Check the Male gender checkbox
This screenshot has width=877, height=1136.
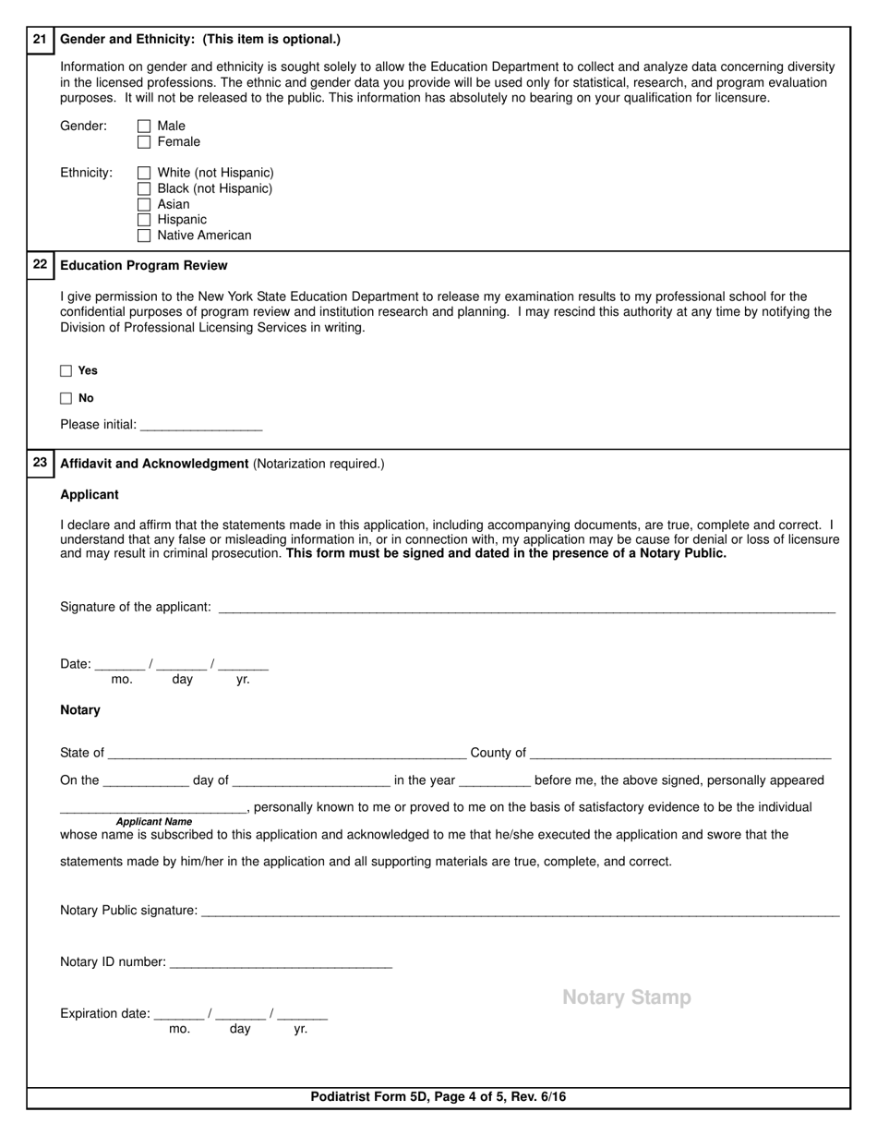pyautogui.click(x=143, y=127)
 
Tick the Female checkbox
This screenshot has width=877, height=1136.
pyautogui.click(x=143, y=142)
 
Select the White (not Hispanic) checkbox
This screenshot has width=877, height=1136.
pyautogui.click(x=143, y=173)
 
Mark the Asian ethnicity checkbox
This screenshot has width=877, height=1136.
pyautogui.click(x=143, y=204)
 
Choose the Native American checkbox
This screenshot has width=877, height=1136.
pyautogui.click(x=143, y=236)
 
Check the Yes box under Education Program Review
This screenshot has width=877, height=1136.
pyautogui.click(x=66, y=371)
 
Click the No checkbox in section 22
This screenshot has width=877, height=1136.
pyautogui.click(x=66, y=399)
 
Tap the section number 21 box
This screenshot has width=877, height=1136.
pyautogui.click(x=40, y=40)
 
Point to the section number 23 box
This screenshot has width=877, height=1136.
pyautogui.click(x=40, y=463)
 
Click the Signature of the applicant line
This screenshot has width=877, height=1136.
pyautogui.click(x=526, y=607)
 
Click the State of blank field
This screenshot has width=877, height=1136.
pyautogui.click(x=286, y=752)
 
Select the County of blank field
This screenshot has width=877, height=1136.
pyautogui.click(x=680, y=752)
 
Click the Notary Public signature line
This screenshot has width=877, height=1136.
pyautogui.click(x=519, y=911)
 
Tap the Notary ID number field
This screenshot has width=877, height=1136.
pyautogui.click(x=281, y=962)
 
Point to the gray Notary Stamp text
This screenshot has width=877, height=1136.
pyautogui.click(x=626, y=997)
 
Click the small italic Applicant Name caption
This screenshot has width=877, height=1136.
pyautogui.click(x=154, y=821)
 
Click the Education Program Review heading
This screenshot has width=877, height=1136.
pyautogui.click(x=143, y=266)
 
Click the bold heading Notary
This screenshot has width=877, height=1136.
pyautogui.click(x=80, y=710)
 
